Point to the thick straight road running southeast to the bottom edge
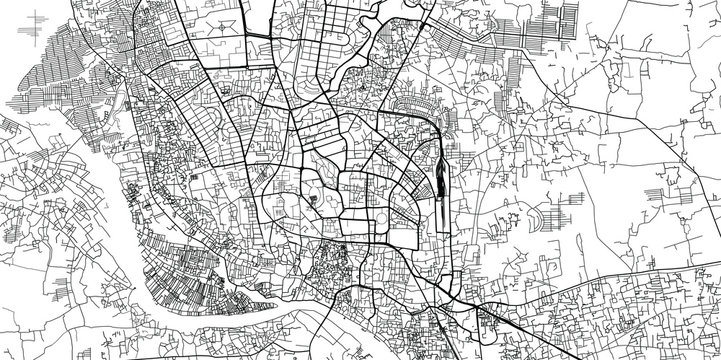(470, 310)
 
